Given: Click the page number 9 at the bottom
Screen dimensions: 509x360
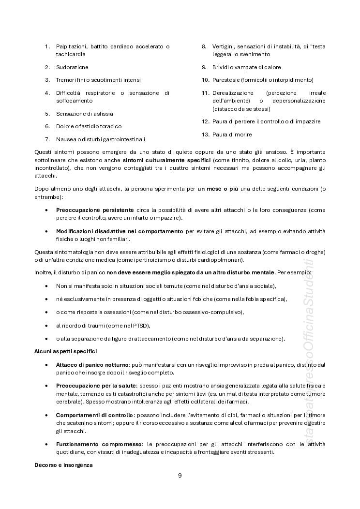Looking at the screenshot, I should click(x=180, y=475).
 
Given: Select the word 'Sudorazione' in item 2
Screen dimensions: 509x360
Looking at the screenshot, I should click(x=72, y=67).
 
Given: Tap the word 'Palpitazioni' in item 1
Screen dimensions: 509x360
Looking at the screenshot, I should click(x=71, y=46).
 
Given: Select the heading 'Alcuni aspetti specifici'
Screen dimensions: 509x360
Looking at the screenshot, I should click(x=65, y=351).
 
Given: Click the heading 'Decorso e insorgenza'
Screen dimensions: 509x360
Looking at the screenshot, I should click(x=63, y=465).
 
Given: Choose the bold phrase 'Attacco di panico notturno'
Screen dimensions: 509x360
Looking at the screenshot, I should click(x=92, y=364).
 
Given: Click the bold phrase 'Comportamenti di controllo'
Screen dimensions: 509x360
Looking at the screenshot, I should click(x=94, y=415).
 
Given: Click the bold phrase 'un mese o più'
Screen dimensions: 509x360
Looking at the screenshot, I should click(x=217, y=189).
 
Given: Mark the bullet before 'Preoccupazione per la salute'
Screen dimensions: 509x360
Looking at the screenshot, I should click(x=46, y=386).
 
